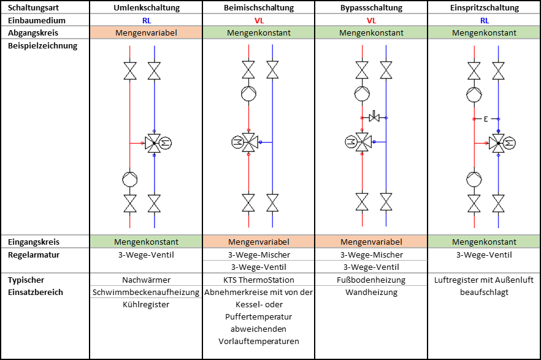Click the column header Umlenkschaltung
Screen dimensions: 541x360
coord(147,7)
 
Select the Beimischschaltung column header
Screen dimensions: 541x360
coord(259,7)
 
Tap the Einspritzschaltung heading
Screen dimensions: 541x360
coord(485,7)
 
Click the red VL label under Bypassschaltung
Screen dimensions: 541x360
coord(371,21)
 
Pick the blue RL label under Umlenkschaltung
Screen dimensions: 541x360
coord(147,21)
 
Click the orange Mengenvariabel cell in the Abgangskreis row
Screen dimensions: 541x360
coord(146,33)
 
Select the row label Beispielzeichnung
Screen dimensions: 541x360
coord(42,45)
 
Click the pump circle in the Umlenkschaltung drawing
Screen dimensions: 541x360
coord(130,179)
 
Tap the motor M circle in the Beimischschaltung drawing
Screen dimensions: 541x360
coord(237,142)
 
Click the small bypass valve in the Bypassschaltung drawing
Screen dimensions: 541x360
coord(374,117)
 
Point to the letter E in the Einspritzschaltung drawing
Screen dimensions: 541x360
coord(486,119)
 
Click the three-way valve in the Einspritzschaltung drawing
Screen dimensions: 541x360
coord(498,143)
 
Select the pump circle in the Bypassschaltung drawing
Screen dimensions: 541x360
coord(362,93)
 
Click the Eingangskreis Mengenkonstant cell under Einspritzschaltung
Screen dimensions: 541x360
coord(484,242)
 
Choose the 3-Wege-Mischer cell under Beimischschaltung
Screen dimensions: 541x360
coord(259,255)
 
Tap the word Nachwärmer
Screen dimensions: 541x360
coord(146,280)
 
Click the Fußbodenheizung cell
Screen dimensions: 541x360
coord(371,280)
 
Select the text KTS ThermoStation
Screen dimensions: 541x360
coord(259,280)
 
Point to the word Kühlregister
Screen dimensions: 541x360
coord(146,304)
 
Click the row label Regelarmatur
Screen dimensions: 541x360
coord(34,255)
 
